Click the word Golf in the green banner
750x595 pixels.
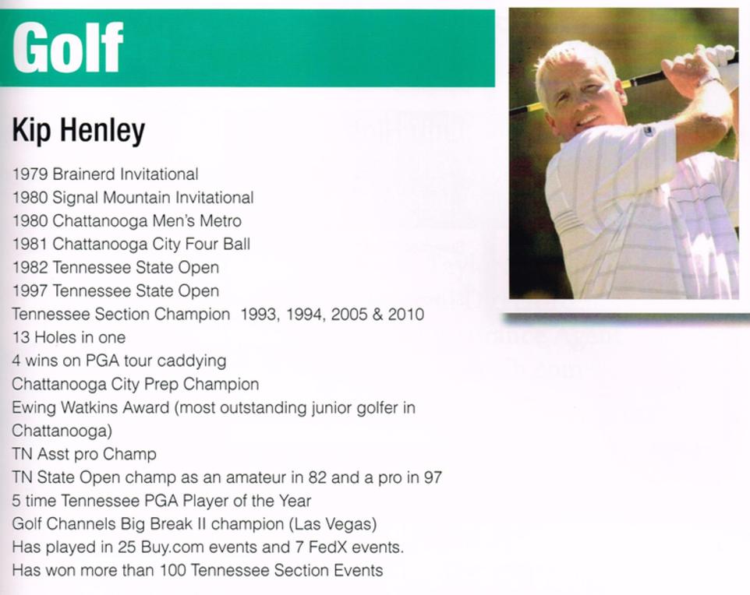click(x=68, y=48)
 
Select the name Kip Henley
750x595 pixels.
click(x=78, y=131)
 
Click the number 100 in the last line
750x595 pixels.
click(x=173, y=571)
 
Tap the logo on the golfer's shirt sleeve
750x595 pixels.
click(x=648, y=130)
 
